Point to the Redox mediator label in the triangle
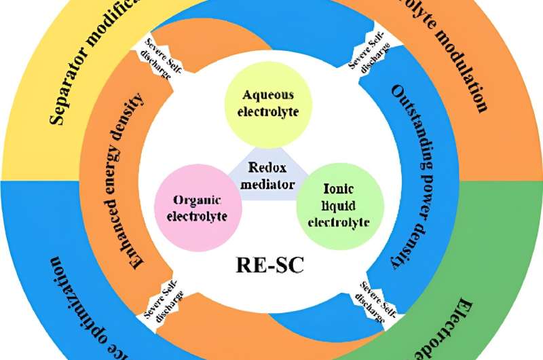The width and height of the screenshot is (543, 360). tap(265, 175)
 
